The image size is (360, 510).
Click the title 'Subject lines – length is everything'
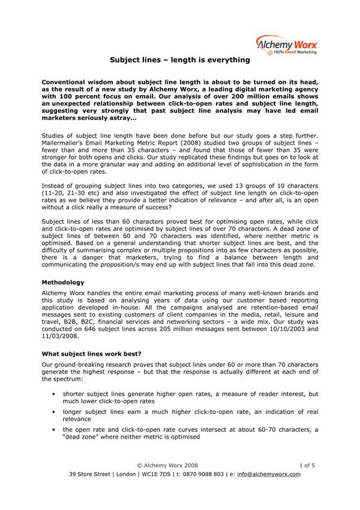tap(179, 60)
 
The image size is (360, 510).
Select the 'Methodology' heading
tap(62, 281)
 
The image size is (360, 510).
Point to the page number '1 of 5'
tap(307, 465)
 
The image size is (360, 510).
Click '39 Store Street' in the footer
tap(90, 473)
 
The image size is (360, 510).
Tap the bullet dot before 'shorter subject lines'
tap(55, 394)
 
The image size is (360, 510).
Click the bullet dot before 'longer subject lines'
tap(55, 412)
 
